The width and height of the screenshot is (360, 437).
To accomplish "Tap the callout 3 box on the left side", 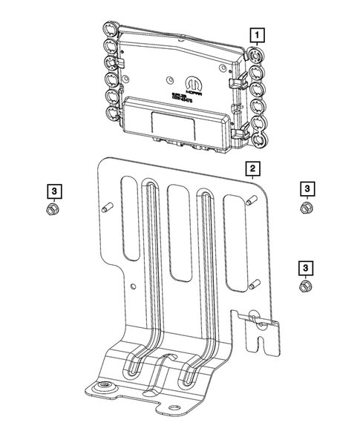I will pos(52,191).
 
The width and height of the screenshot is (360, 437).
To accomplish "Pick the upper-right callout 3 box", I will pos(307,188).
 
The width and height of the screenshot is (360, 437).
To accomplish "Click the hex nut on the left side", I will pos(52,210).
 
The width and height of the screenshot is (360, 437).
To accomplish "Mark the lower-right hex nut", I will pos(304,286).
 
